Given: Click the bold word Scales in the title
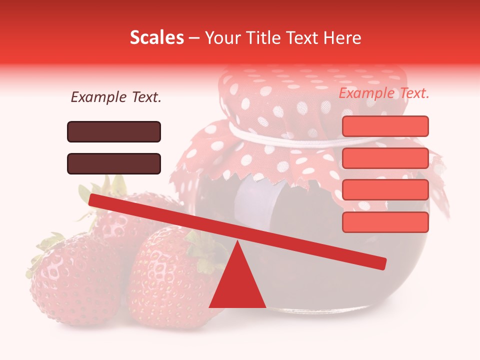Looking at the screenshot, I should [x=156, y=37].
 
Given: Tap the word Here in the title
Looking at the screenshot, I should [x=342, y=37].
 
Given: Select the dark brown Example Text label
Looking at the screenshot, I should [x=116, y=97].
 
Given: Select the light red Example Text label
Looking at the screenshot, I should [x=384, y=93].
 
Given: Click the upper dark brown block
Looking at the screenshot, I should [x=114, y=131].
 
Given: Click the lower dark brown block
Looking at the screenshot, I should [x=114, y=163].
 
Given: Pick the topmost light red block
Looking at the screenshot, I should [x=385, y=126].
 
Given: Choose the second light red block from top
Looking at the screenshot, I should [x=385, y=158].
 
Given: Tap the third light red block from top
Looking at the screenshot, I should [x=385, y=190].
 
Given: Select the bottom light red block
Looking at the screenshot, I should [x=385, y=222].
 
